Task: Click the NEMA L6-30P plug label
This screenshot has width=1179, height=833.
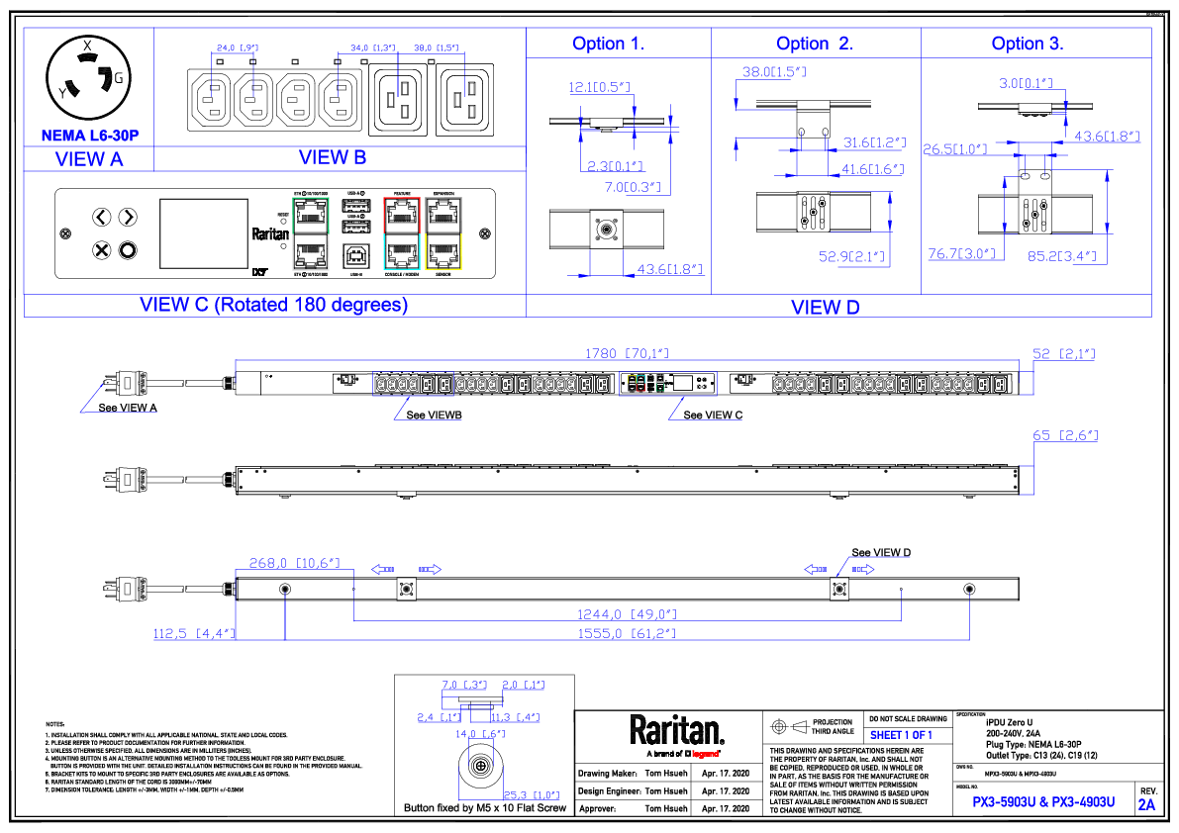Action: (89, 136)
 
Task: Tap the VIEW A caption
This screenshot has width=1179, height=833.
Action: (89, 158)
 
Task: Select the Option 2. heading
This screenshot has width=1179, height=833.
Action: (815, 44)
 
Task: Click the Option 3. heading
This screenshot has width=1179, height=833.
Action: (1028, 44)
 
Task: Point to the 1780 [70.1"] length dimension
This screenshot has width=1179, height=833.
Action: (627, 352)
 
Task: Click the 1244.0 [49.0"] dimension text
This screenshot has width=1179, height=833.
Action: (628, 613)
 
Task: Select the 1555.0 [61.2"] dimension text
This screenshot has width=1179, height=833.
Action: (628, 633)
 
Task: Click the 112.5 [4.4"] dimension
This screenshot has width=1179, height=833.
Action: (193, 633)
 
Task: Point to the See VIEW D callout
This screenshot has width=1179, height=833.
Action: (881, 552)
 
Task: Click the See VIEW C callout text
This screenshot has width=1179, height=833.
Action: (713, 416)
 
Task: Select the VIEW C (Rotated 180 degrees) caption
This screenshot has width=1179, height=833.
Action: (274, 305)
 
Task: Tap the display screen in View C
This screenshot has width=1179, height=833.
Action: (203, 233)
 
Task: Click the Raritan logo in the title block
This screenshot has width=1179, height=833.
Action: (677, 730)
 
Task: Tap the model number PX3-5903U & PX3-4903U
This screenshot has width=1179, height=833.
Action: (1043, 801)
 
